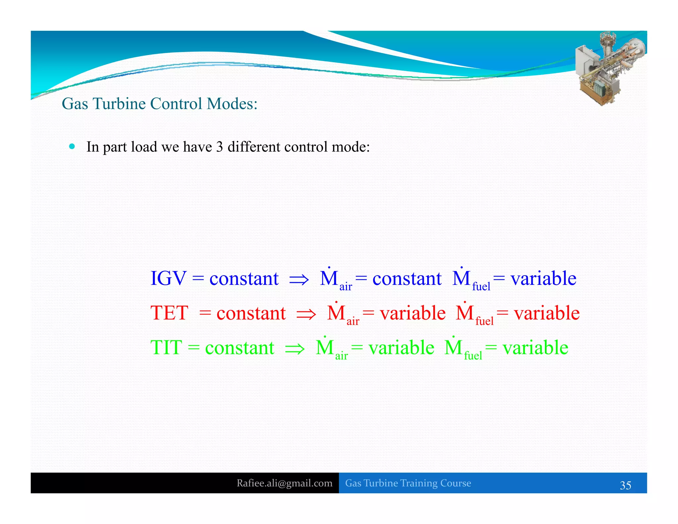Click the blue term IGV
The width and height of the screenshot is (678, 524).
pyautogui.click(x=169, y=278)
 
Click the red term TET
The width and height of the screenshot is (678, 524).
pyautogui.click(x=169, y=313)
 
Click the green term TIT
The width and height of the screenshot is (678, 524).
pyautogui.click(x=166, y=347)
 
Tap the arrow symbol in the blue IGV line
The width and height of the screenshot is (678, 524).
pyautogui.click(x=299, y=280)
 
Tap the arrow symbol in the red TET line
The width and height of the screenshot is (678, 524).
pyautogui.click(x=306, y=314)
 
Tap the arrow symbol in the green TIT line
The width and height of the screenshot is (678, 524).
pyautogui.click(x=295, y=349)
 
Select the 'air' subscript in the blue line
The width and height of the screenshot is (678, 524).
pyautogui.click(x=346, y=287)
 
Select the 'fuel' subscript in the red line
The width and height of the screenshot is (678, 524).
pyautogui.click(x=484, y=321)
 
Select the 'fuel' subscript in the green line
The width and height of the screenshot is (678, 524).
pyautogui.click(x=473, y=356)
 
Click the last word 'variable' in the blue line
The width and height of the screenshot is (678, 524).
pyautogui.click(x=543, y=278)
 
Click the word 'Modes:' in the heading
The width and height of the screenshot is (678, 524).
pyautogui.click(x=232, y=104)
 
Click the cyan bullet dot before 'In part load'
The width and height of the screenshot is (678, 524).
pyautogui.click(x=72, y=146)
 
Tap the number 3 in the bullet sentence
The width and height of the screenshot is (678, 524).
pyautogui.click(x=219, y=147)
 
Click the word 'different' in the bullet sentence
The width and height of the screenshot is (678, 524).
pyautogui.click(x=254, y=147)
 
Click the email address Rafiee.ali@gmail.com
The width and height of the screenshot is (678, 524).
pyautogui.click(x=284, y=483)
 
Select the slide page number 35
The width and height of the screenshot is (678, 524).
pyautogui.click(x=625, y=485)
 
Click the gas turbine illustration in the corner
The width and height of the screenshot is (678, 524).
pyautogui.click(x=609, y=68)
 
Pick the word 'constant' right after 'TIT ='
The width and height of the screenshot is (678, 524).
pyautogui.click(x=240, y=348)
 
